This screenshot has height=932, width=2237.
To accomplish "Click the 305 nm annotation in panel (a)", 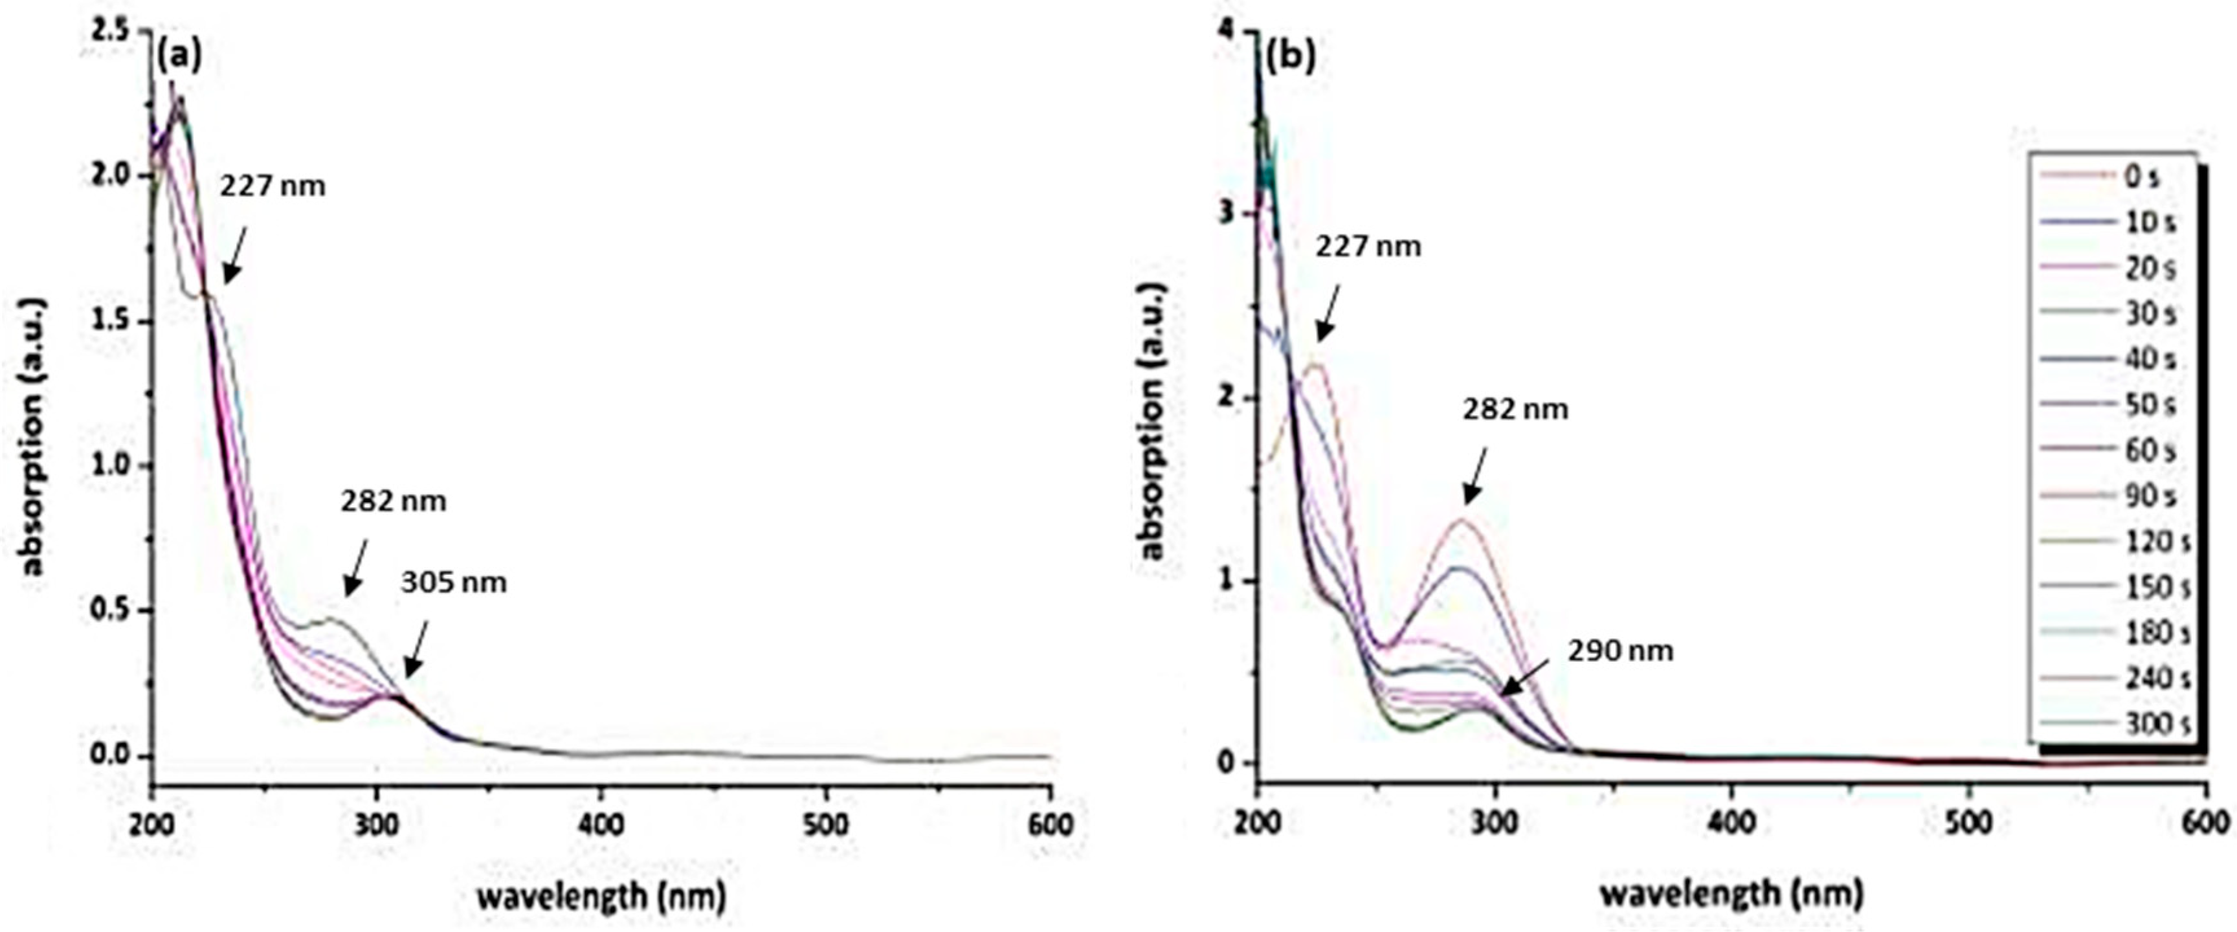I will click(453, 582).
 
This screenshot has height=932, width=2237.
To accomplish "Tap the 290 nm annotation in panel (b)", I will click(1619, 650).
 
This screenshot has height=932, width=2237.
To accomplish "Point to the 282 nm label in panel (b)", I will click(1515, 409).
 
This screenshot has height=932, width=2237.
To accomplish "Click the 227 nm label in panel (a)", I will click(272, 186).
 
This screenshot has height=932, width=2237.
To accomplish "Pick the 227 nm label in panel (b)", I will click(1368, 247).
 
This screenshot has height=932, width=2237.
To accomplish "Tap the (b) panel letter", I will click(1291, 56).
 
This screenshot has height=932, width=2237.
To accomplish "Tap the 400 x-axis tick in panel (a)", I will click(601, 823).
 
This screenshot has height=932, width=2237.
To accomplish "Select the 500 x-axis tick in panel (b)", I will click(1968, 823).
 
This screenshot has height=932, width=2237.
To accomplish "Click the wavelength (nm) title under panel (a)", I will click(601, 894).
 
